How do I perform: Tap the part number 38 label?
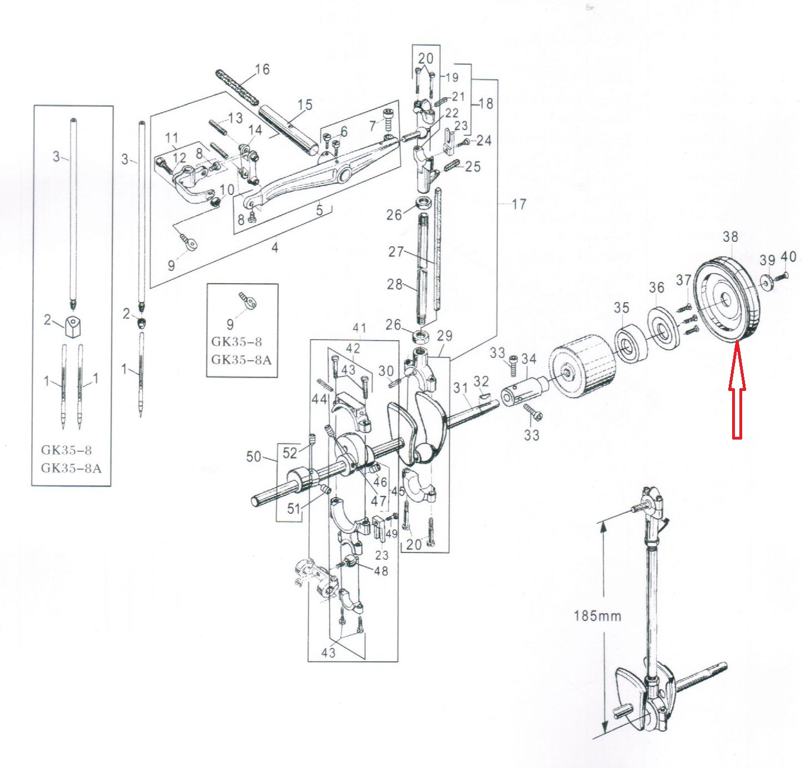(x=730, y=237)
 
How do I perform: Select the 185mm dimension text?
(x=597, y=616)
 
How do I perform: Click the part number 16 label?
(x=262, y=69)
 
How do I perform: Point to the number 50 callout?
(x=253, y=457)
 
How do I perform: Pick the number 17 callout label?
(x=518, y=204)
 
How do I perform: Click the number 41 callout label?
(x=359, y=328)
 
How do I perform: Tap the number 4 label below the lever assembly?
(x=275, y=247)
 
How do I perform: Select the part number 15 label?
(x=305, y=105)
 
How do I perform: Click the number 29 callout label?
(x=444, y=336)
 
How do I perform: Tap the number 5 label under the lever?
(x=319, y=210)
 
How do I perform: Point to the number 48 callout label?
(x=381, y=571)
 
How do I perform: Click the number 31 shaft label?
(x=460, y=388)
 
